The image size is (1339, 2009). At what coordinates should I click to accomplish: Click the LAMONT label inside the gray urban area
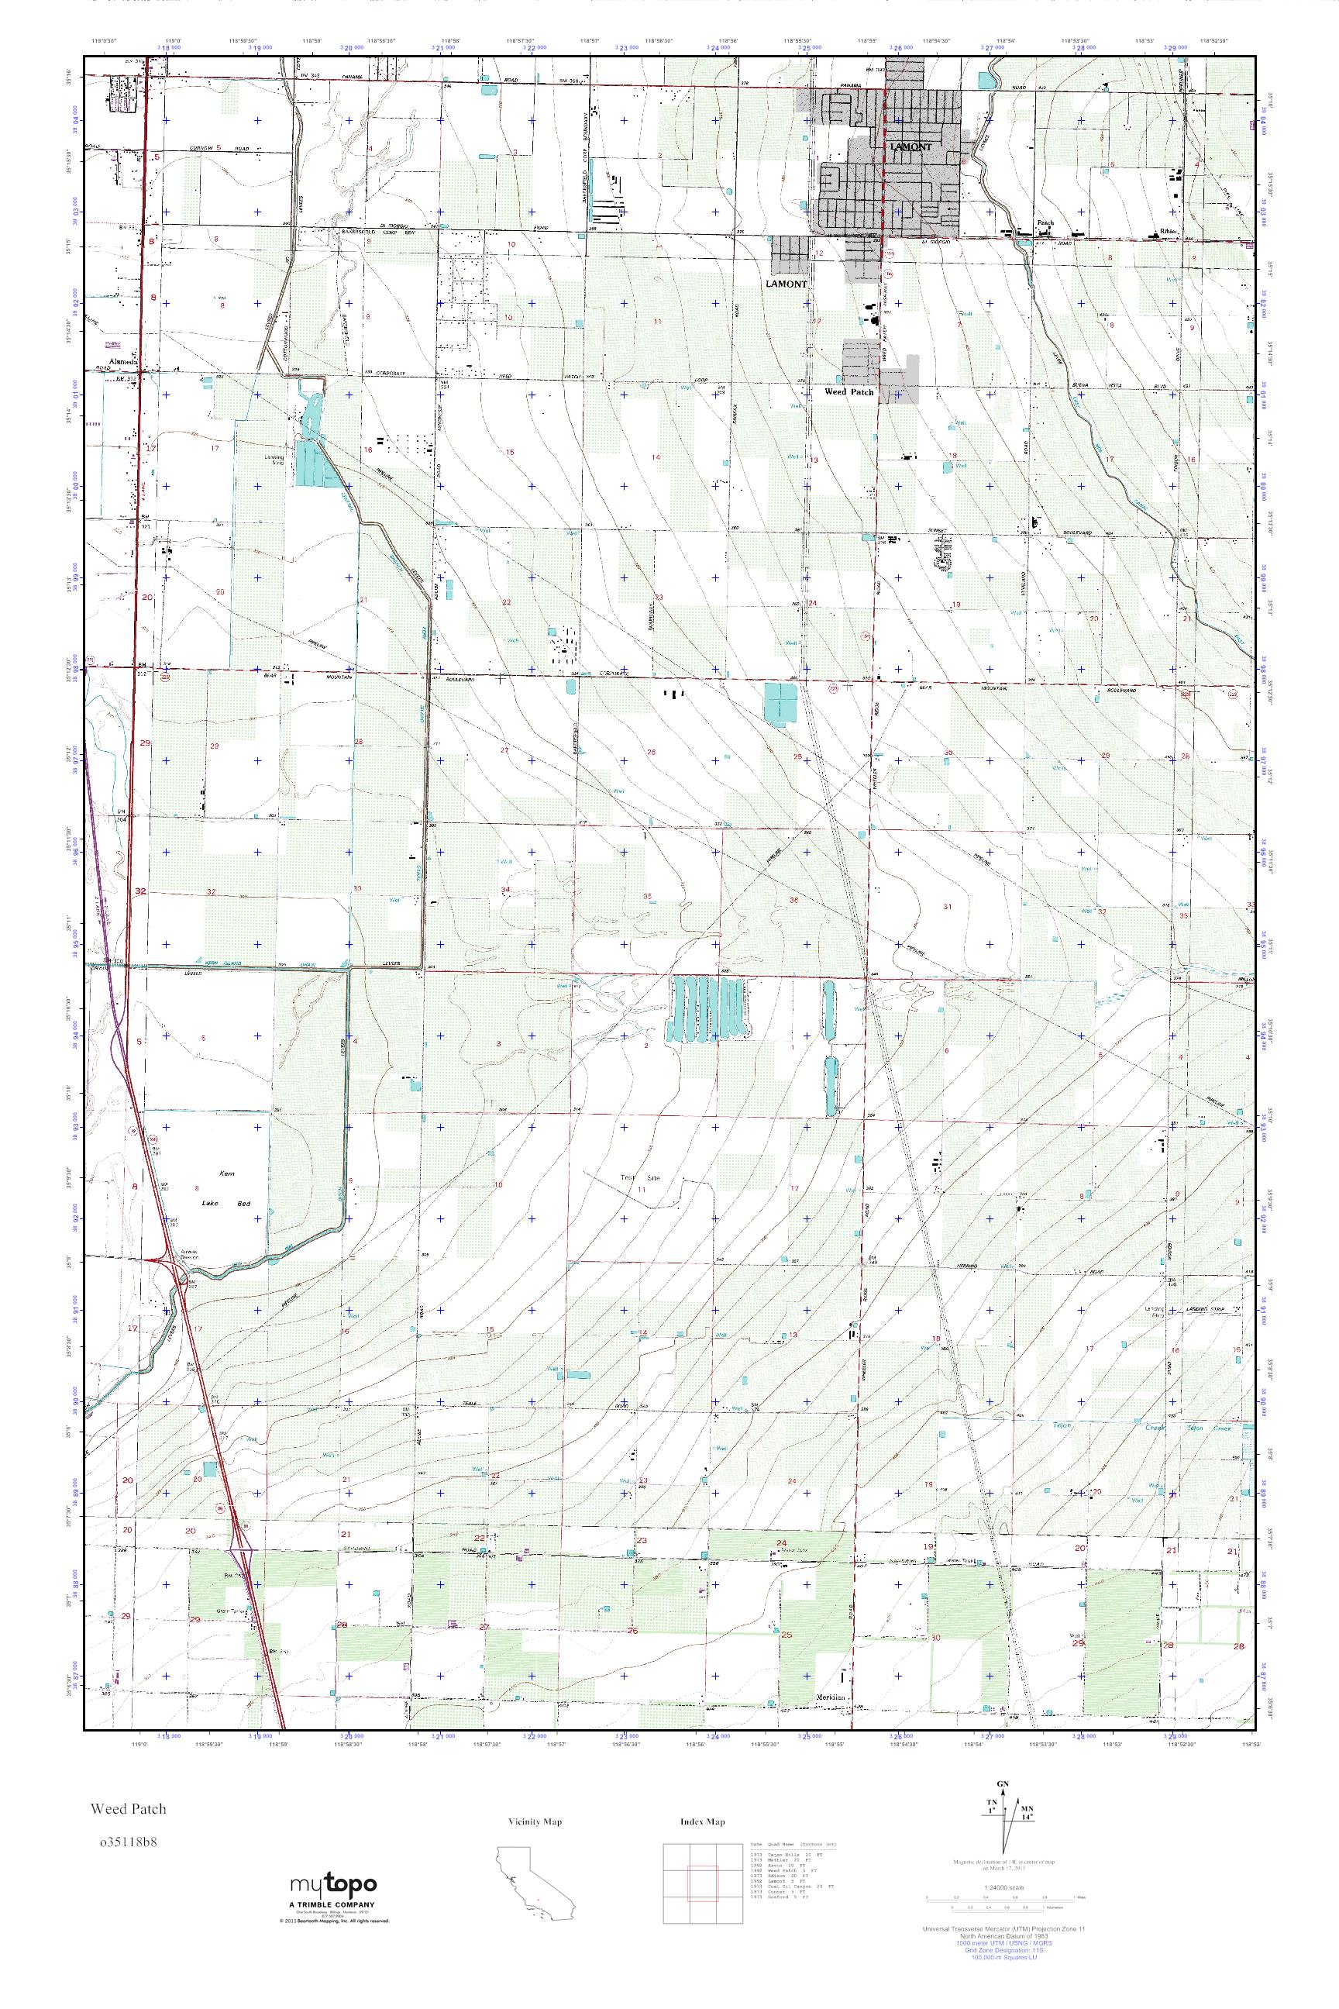pyautogui.click(x=910, y=147)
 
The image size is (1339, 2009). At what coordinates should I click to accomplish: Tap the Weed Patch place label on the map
pyautogui.click(x=848, y=392)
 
